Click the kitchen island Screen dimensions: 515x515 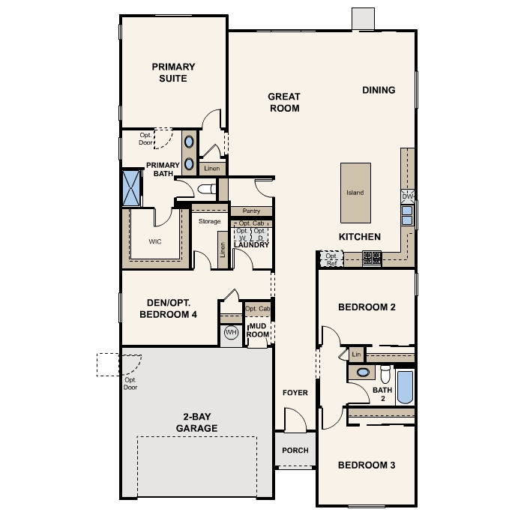click(356, 193)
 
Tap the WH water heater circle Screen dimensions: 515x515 click(231, 332)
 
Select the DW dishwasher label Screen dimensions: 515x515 click(407, 196)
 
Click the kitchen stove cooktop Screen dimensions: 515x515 click(372, 258)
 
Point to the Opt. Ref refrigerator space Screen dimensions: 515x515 click(331, 259)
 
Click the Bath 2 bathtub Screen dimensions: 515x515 click(405, 388)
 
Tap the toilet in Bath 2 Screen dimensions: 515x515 click(385, 374)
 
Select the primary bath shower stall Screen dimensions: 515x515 click(131, 188)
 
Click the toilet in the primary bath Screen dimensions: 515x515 click(207, 189)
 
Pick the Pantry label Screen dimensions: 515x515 click(251, 211)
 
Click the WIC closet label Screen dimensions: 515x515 click(155, 241)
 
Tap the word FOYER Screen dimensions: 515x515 click(295, 393)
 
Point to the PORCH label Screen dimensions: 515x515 click(295, 451)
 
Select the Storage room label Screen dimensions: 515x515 click(210, 221)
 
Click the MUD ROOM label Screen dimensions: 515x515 click(258, 330)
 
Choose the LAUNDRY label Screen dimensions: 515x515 click(252, 244)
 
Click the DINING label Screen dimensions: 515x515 click(379, 90)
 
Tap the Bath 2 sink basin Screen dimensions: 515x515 click(363, 372)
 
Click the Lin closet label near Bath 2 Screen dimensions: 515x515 click(356, 355)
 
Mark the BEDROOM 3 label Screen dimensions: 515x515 click(367, 465)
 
